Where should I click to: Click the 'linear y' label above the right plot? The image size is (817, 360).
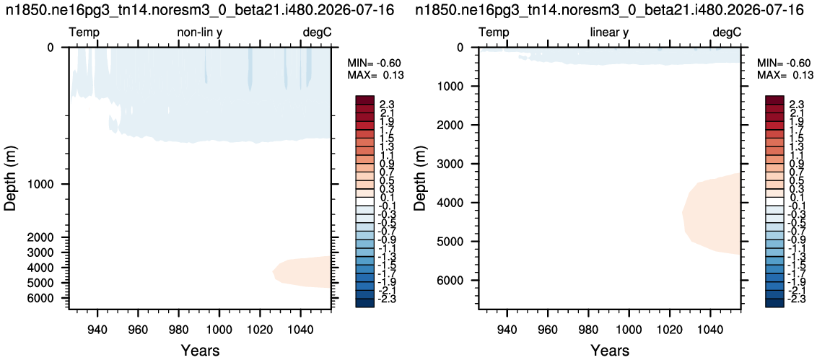pos(609,32)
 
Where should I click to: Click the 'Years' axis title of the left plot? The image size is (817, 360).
pos(200,350)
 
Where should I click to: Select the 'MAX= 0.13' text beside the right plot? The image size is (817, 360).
pos(785,75)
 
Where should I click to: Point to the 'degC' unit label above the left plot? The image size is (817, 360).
pos(317,32)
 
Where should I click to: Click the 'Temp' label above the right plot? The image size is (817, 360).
pos(494,32)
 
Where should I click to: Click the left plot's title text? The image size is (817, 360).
pos(201,10)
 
